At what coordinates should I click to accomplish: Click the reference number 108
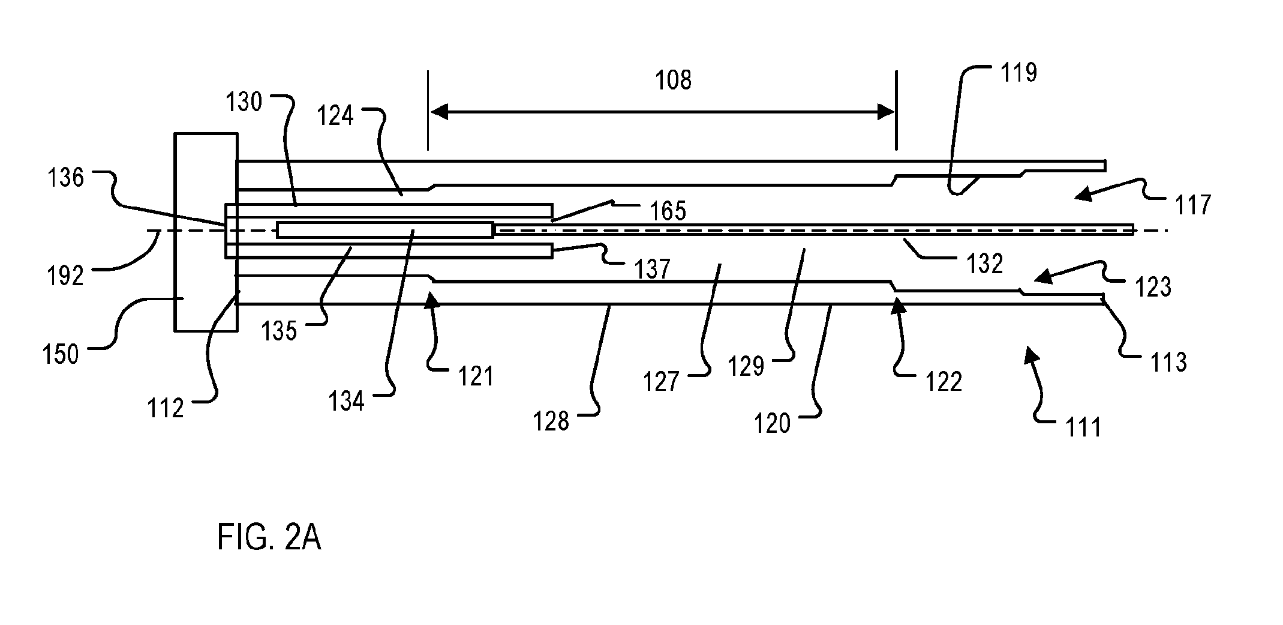coord(674,80)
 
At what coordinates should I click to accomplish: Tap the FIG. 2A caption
coord(269,537)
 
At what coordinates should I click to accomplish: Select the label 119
coord(1018,73)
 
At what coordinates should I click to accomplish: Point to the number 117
coord(1193,205)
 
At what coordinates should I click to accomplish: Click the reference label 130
coord(244,103)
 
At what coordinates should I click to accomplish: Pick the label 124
coord(335,116)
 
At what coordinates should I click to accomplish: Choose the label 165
coord(668,211)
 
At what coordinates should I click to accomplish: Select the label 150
coord(61,355)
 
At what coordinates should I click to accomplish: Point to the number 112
coord(166,409)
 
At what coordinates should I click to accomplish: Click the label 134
coord(347,402)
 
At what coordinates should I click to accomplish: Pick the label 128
coord(551,422)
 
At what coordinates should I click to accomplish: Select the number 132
coord(984,264)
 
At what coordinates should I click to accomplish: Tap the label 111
coord(1083,427)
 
